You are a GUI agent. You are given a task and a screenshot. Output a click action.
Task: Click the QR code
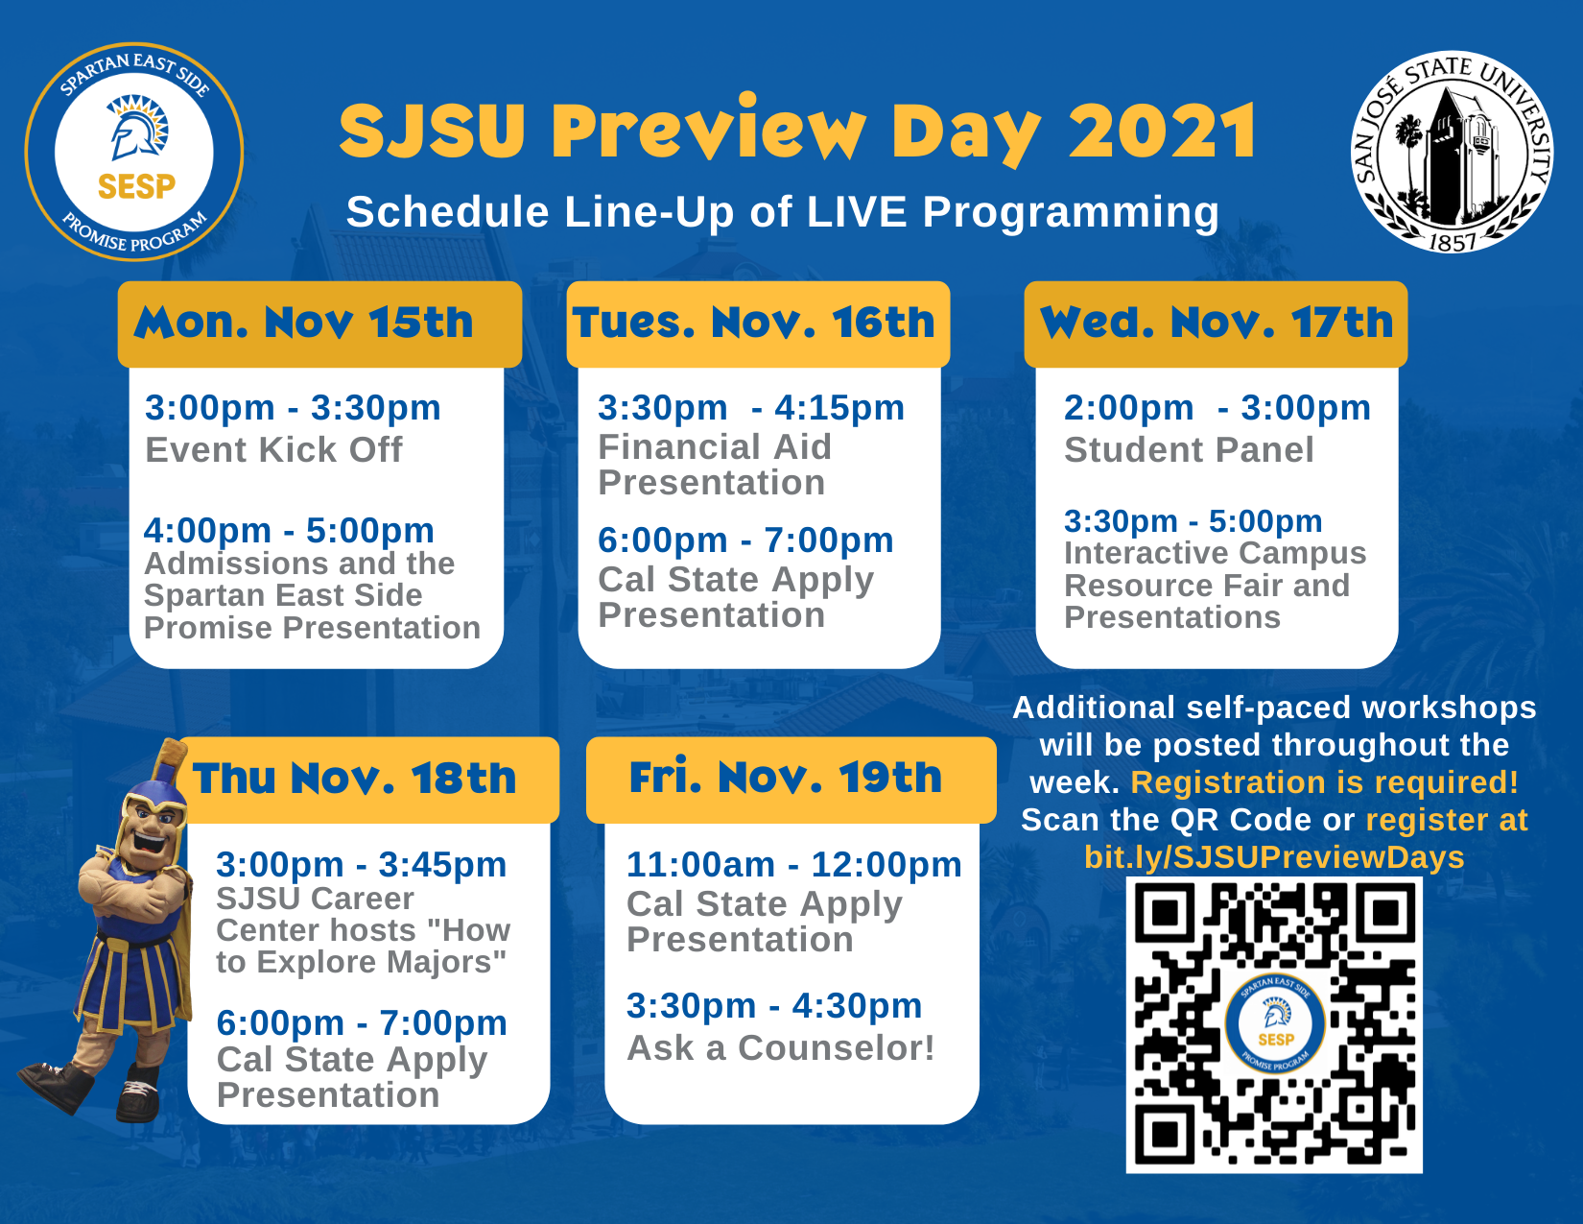(x=1273, y=1024)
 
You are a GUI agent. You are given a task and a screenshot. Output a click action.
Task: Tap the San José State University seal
(x=1452, y=153)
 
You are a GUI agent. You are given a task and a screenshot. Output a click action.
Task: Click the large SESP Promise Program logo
(x=134, y=151)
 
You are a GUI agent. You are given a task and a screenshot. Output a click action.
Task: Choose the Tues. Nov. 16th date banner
(x=758, y=324)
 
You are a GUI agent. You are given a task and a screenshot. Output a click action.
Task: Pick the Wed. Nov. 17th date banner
(x=1216, y=324)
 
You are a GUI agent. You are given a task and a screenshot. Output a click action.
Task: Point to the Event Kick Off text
(x=273, y=450)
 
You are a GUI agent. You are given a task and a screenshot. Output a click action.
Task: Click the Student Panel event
(x=1189, y=450)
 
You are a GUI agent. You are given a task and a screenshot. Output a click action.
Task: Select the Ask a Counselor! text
(x=780, y=1048)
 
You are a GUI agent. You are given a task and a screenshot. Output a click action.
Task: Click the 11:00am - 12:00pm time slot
(x=794, y=865)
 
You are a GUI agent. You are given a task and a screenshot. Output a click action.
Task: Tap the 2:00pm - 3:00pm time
(x=1217, y=408)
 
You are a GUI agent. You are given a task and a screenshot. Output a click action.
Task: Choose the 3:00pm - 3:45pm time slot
(x=362, y=865)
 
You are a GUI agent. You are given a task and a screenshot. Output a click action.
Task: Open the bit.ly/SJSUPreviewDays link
(x=1274, y=857)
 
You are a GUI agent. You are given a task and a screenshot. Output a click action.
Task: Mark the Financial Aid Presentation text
(x=715, y=465)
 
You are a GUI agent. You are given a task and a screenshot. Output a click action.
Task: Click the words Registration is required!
(x=1324, y=782)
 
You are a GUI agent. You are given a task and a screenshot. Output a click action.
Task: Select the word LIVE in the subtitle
(x=858, y=212)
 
